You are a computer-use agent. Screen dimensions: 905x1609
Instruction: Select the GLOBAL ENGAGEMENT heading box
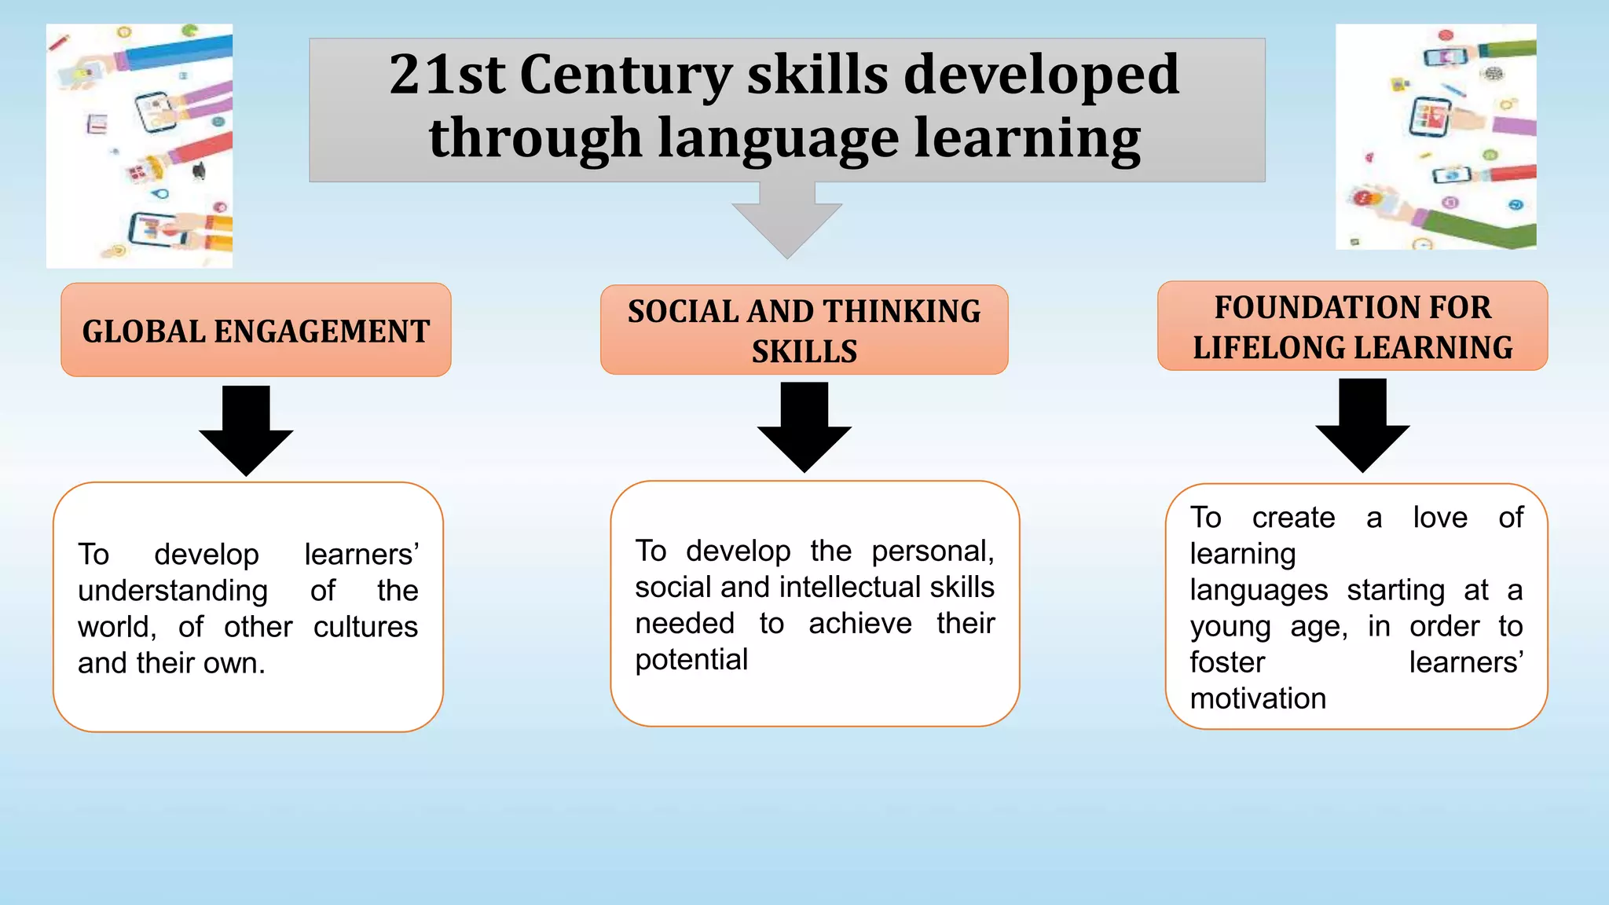tap(256, 330)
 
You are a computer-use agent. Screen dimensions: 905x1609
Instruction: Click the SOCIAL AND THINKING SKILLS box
tap(804, 330)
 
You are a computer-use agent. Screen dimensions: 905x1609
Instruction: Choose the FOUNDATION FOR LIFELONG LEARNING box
tap(1352, 327)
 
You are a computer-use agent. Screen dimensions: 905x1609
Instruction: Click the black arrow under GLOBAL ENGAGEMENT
tap(246, 429)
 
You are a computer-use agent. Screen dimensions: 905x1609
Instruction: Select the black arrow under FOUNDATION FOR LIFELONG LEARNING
tap(1362, 424)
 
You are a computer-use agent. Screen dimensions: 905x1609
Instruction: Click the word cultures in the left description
tap(365, 627)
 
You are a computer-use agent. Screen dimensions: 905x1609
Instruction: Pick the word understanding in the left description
tap(173, 591)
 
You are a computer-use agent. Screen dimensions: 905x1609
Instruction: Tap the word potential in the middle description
tap(691, 660)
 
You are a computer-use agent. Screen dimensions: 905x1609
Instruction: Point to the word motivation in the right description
tap(1258, 698)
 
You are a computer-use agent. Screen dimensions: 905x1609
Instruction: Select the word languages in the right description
tap(1259, 590)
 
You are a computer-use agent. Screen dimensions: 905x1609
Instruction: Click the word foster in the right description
tap(1227, 662)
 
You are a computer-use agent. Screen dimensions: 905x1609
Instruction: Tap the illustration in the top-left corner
tap(140, 146)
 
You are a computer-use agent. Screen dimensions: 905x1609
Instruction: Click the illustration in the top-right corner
tap(1436, 137)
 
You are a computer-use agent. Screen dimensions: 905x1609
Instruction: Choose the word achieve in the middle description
tap(860, 624)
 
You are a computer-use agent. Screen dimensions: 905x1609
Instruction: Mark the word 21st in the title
tap(447, 75)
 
